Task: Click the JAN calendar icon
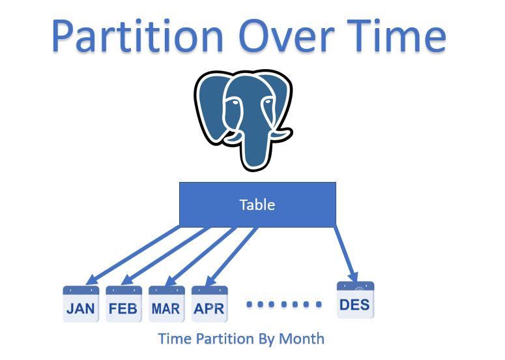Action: (81, 304)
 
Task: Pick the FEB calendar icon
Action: (124, 304)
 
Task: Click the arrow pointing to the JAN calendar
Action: (134, 254)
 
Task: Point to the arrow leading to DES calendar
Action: (345, 254)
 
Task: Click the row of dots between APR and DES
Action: (285, 305)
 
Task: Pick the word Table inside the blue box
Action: (257, 205)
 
